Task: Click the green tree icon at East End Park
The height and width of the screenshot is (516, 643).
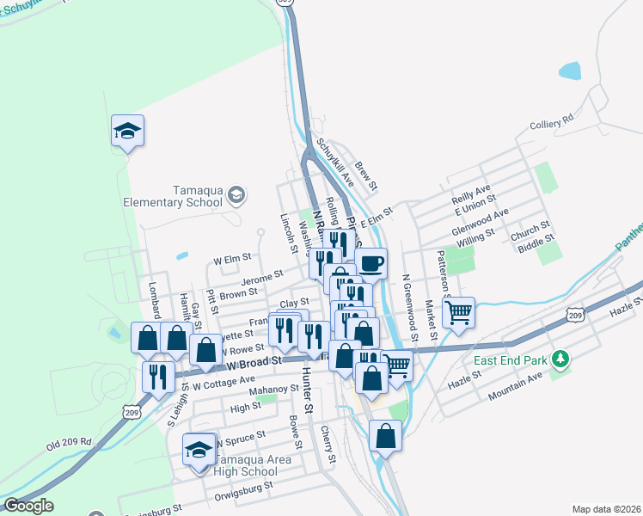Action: [x=560, y=357]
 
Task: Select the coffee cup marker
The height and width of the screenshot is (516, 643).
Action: [x=370, y=263]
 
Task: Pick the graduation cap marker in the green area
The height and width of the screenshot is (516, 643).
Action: [x=127, y=131]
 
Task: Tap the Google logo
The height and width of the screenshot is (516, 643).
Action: [x=28, y=506]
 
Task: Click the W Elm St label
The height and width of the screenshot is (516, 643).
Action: [x=232, y=257]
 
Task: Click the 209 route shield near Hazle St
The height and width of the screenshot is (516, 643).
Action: [x=575, y=316]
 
